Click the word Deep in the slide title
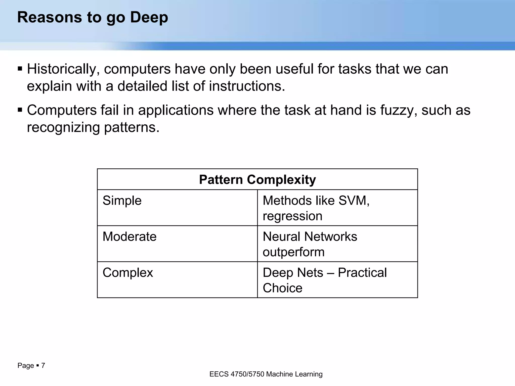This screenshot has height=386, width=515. coord(149,18)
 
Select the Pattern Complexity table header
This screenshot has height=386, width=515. coord(257,180)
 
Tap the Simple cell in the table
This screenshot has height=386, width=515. coord(122,201)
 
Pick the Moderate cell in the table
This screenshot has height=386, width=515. coord(130,237)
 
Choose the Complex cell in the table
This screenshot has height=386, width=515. coord(128,273)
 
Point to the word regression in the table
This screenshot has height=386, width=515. coord(292,216)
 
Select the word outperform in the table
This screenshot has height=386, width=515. coord(294,252)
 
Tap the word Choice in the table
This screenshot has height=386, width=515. coord(282,288)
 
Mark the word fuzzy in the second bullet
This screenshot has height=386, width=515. coord(399,110)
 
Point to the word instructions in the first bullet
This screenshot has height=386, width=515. coord(247,86)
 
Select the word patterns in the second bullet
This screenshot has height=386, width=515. coord(132,127)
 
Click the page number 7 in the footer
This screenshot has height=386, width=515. coord(43,365)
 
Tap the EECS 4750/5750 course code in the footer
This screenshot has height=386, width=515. coord(237,374)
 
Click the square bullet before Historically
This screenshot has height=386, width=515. coord(20,69)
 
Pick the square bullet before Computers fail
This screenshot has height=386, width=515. coord(20,110)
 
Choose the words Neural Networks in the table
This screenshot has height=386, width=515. coord(310,237)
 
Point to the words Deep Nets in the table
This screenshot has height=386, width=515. coord(293,273)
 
